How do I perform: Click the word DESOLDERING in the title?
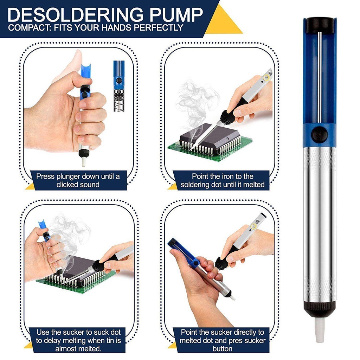coord(75,15)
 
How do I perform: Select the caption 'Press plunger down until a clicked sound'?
coord(78,180)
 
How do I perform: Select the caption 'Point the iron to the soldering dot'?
coord(222,180)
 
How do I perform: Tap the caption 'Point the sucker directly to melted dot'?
coord(223,340)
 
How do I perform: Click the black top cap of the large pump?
coord(320,25)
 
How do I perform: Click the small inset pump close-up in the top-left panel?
coord(119,86)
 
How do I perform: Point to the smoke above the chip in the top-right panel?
coord(192,102)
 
